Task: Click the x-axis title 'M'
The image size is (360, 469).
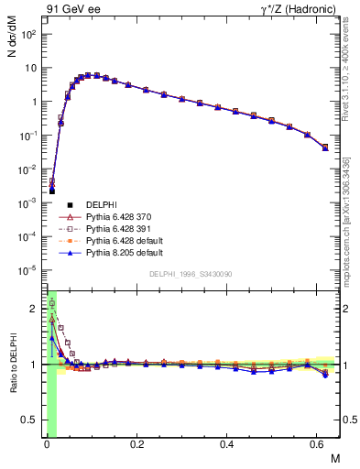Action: coord(334,457)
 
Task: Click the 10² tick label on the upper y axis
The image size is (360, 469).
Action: coord(28,34)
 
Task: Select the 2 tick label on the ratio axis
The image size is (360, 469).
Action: coord(34,309)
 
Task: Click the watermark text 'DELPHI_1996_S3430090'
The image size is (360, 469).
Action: coord(189,274)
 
